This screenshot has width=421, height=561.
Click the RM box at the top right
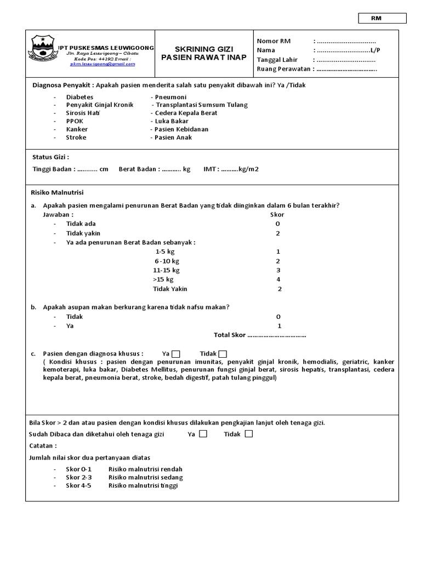click(x=383, y=18)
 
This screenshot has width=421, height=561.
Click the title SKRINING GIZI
click(x=203, y=49)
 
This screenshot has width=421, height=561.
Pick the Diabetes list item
click(x=80, y=96)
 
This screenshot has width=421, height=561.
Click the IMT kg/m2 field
click(x=231, y=169)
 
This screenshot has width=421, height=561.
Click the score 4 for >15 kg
click(x=278, y=279)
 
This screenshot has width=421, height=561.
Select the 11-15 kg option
click(x=166, y=270)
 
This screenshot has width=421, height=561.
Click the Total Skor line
click(x=259, y=335)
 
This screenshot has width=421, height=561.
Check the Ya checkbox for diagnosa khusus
click(x=176, y=353)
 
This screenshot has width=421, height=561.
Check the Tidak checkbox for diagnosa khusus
click(x=223, y=353)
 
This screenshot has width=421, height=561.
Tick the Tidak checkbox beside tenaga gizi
click(x=249, y=434)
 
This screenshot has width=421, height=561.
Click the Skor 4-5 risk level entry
click(x=79, y=485)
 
